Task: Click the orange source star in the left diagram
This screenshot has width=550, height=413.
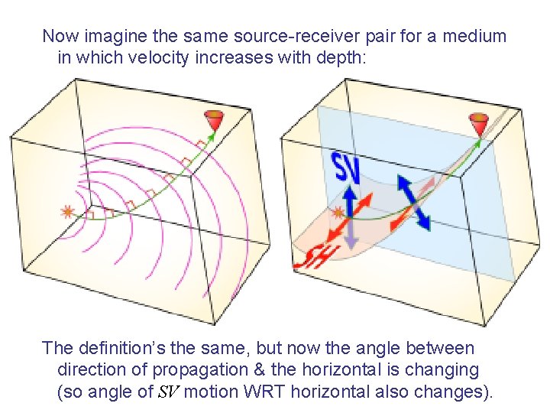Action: point(68,212)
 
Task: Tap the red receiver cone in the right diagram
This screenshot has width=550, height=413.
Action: point(479,122)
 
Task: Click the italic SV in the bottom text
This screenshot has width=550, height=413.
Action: point(167,393)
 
